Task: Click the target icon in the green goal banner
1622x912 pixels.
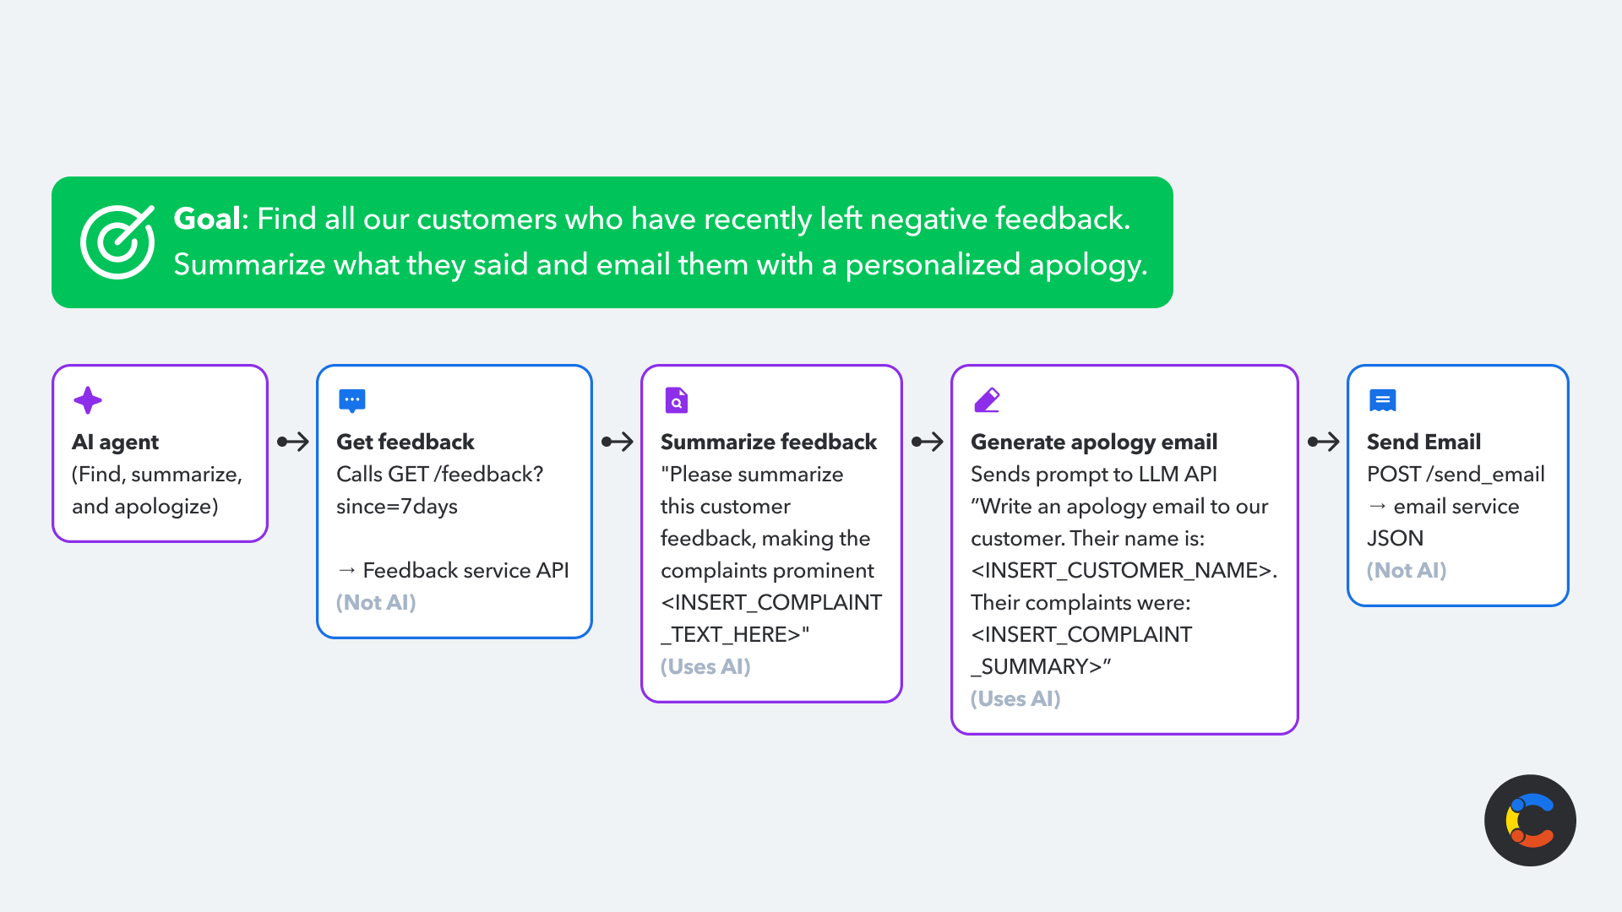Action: (117, 242)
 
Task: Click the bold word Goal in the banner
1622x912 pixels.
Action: (207, 219)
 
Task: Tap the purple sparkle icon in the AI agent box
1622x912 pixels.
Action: (88, 400)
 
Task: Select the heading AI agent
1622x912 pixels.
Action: (115, 442)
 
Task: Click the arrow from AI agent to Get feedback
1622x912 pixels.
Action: (293, 442)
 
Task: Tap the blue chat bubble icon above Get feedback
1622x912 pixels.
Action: (352, 400)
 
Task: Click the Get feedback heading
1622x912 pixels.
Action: (405, 442)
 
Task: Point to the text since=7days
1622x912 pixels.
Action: (397, 506)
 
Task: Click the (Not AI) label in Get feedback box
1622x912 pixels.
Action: (376, 602)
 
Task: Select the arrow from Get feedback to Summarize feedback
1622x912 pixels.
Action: (618, 442)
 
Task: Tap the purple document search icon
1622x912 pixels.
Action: (677, 400)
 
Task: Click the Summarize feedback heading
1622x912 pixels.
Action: (769, 442)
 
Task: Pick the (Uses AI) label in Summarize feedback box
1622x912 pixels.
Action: (705, 666)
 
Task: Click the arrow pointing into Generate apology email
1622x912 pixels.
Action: (928, 442)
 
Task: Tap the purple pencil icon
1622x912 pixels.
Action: (987, 400)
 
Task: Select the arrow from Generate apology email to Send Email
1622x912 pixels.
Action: (1324, 442)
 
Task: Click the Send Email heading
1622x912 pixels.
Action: (1423, 442)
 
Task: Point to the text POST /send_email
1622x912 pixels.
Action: (1456, 474)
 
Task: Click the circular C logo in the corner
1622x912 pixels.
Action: (1530, 820)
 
